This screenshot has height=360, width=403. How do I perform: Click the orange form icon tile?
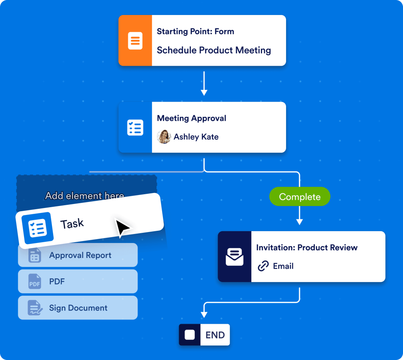pyautogui.click(x=135, y=41)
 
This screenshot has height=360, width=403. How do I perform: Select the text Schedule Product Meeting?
pyautogui.click(x=214, y=50)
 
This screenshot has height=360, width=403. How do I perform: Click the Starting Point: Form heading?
pyautogui.click(x=195, y=32)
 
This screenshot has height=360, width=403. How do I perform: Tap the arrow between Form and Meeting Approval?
pyautogui.click(x=204, y=84)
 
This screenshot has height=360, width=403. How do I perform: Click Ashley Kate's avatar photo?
pyautogui.click(x=164, y=137)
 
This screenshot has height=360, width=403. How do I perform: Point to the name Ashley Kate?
pyautogui.click(x=196, y=137)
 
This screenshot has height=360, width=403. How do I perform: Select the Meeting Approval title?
pyautogui.click(x=191, y=118)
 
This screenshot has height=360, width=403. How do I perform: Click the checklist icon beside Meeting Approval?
pyautogui.click(x=135, y=128)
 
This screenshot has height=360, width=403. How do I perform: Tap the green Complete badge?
pyautogui.click(x=299, y=197)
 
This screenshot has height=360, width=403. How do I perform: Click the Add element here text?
pyautogui.click(x=85, y=195)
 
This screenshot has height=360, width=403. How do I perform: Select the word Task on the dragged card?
pyautogui.click(x=72, y=224)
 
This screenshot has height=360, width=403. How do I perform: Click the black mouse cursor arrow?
pyautogui.click(x=122, y=228)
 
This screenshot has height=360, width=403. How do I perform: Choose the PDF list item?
pyautogui.click(x=78, y=282)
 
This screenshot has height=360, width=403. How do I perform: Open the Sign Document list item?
pyautogui.click(x=78, y=308)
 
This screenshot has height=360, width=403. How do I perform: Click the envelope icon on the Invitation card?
pyautogui.click(x=235, y=257)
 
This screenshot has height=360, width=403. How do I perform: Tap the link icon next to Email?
pyautogui.click(x=263, y=266)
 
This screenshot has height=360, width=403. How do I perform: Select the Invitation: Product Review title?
pyautogui.click(x=307, y=248)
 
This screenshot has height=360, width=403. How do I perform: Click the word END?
pyautogui.click(x=215, y=335)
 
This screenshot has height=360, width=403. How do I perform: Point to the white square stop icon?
pyautogui.click(x=190, y=335)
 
